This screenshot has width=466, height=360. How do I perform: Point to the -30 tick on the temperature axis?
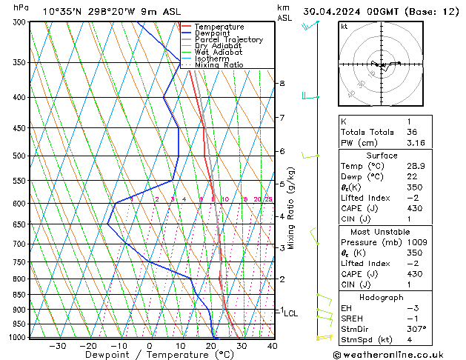coord(58,345)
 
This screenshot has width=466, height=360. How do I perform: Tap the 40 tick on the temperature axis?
coord(273,345)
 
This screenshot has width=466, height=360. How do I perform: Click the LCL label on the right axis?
coord(291,313)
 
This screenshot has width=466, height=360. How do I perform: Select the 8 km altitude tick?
coord(282,84)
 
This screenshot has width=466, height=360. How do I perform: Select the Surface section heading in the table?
coord(392,156)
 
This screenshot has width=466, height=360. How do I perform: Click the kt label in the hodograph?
coord(344,26)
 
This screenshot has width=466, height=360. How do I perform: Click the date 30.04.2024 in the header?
coord(337,11)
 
